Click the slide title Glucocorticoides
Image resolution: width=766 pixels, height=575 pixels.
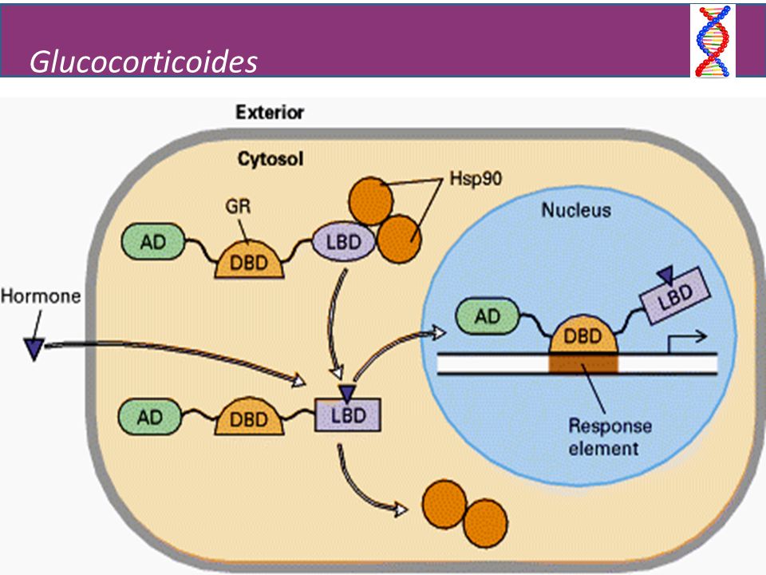point(143,62)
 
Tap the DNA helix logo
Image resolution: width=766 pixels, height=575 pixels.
point(713,41)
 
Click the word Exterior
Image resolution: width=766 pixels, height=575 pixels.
point(270,113)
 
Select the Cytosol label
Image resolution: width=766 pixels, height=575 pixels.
point(270,159)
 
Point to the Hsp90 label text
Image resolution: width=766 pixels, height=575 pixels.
point(476,178)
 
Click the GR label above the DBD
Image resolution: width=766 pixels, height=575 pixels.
point(238,206)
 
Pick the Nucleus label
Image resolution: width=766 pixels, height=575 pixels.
point(576,210)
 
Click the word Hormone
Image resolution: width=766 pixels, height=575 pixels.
point(41,295)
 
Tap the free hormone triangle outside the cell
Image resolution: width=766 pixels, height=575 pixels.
point(34,349)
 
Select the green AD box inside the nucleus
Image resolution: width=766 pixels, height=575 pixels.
point(487,316)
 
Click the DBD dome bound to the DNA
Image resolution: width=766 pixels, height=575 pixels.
point(583,335)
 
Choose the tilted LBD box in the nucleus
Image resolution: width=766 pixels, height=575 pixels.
point(675,295)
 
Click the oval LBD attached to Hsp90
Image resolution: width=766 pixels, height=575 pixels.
point(343,241)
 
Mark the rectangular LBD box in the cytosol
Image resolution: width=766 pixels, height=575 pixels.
point(347,414)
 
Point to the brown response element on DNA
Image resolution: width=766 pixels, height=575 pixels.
point(583,364)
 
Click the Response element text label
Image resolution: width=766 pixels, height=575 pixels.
point(609,437)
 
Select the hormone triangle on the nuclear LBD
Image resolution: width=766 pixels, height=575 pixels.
point(665,275)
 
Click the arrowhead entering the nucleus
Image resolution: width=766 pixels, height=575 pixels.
point(438,333)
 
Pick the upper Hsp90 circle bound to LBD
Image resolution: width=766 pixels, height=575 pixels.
point(371,200)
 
